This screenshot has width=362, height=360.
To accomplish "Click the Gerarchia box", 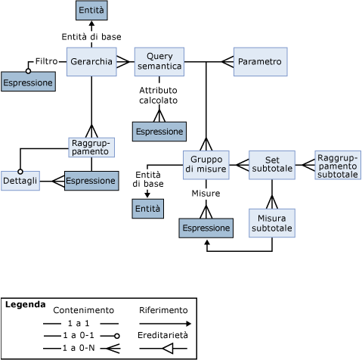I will pyautogui.click(x=91, y=61).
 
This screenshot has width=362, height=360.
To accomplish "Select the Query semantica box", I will pyautogui.click(x=159, y=61).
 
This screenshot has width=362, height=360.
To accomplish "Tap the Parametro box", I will pyautogui.click(x=260, y=61).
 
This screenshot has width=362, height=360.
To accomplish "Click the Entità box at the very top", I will pyautogui.click(x=91, y=11).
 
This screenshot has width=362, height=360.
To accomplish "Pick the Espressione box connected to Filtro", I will pyautogui.click(x=28, y=82).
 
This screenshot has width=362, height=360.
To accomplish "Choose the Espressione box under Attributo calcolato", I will pyautogui.click(x=159, y=132).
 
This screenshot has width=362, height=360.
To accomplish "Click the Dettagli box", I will pyautogui.click(x=20, y=181).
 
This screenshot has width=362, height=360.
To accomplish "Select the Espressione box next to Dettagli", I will pyautogui.click(x=91, y=181).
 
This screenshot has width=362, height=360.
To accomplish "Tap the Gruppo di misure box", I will pyautogui.click(x=206, y=164).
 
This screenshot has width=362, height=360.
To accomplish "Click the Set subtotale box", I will pyautogui.click(x=272, y=164).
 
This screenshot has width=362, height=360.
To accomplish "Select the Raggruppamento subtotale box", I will pyautogui.click(x=338, y=165).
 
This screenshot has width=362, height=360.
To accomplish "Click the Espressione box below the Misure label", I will pyautogui.click(x=206, y=228).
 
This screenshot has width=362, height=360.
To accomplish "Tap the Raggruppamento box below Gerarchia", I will pyautogui.click(x=91, y=147).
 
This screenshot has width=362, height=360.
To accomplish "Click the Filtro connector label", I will pyautogui.click(x=46, y=61).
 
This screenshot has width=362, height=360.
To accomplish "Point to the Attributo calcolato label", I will pyautogui.click(x=159, y=95).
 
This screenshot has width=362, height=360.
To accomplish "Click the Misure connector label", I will pyautogui.click(x=206, y=194).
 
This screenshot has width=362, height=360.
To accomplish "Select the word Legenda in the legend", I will pyautogui.click(x=24, y=305).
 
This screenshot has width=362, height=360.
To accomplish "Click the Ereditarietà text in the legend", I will pyautogui.click(x=163, y=334).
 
